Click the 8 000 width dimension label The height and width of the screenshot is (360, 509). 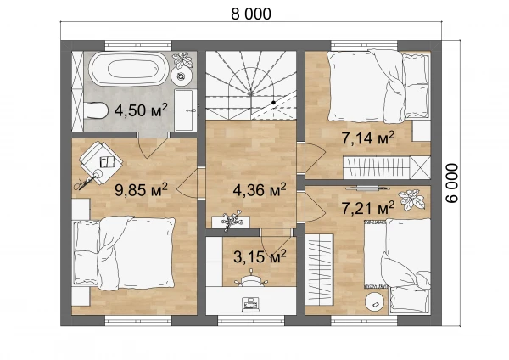coord(251,14)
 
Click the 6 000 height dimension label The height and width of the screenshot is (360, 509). coord(452,183)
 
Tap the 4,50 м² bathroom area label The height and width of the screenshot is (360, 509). coord(141,110)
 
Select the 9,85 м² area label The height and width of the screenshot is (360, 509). coord(141,189)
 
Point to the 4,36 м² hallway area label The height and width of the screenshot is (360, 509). coord(260,189)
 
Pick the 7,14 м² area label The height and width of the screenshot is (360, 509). coord(368,138)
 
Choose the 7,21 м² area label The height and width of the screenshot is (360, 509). coord(368,207)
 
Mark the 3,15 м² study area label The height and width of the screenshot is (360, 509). coord(260,256)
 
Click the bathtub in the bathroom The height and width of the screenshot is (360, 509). coord(129,70)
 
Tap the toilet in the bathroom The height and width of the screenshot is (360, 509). coord(97,110)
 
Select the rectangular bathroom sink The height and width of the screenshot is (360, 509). coord(185,110)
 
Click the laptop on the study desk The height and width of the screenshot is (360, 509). coord(251,305)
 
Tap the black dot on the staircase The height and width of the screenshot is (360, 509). coord(274,103)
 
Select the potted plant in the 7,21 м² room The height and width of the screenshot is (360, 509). coord(411,200)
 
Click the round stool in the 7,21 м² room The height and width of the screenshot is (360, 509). coord(376,303)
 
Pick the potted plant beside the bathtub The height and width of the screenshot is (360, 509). coord(182,61)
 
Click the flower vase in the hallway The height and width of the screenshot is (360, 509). coord(232,220)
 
